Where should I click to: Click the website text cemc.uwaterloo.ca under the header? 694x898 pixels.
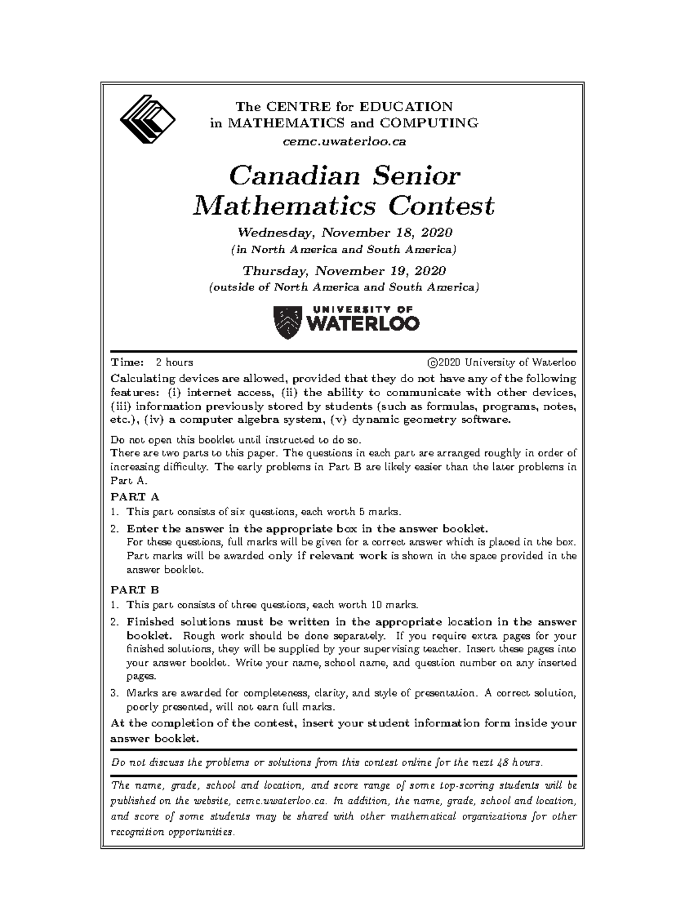344,141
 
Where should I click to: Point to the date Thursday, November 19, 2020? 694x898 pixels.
344,271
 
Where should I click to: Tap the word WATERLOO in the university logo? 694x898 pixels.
361,324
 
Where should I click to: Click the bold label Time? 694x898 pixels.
127,363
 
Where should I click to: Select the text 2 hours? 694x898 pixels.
174,363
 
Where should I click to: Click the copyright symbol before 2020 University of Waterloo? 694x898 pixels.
431,363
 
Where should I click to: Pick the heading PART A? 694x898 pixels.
134,497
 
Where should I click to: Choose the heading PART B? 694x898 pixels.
134,590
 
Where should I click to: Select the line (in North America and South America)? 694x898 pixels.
344,250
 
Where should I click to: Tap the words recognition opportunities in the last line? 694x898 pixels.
172,833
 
